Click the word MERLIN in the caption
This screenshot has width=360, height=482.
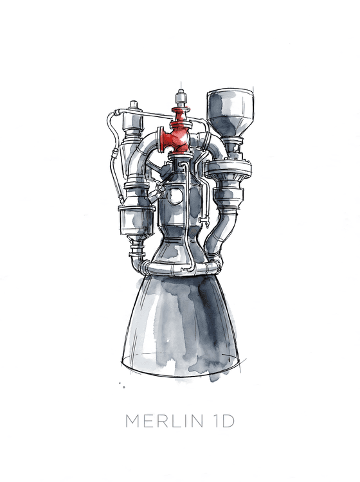point(164,421)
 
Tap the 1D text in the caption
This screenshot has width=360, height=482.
point(224,421)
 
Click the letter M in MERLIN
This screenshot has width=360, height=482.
point(132,421)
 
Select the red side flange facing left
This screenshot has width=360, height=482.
point(160,139)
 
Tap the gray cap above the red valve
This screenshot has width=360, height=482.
point(181,98)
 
